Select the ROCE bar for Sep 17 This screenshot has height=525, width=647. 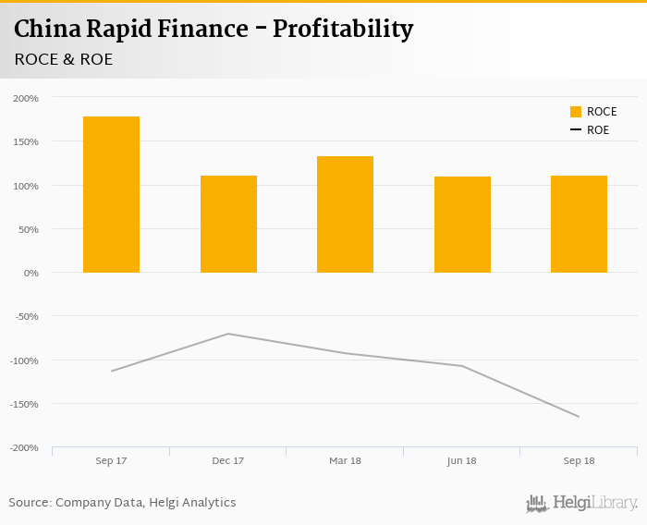coord(111,195)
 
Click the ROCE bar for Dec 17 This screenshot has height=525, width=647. coord(228,225)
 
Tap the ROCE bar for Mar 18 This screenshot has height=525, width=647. coord(345,214)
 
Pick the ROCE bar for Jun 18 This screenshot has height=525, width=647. coord(462,225)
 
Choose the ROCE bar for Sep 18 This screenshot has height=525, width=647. coord(579,225)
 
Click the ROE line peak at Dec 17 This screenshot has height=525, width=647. coord(228,334)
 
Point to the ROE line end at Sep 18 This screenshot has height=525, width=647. coord(579,417)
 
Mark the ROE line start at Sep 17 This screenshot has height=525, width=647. coord(111,372)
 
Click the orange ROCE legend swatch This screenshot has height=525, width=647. coord(576,112)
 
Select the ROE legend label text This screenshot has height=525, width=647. coord(598,130)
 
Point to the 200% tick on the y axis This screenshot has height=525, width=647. coord(26,98)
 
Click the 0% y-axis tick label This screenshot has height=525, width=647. coord(31,274)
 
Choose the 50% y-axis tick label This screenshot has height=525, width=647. coord(29,229)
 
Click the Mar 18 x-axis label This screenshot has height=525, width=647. coord(345,460)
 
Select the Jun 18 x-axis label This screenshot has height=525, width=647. coord(462,460)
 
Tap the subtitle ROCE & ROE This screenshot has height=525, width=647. coord(63,59)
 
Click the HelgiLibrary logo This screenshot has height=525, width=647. coord(581,504)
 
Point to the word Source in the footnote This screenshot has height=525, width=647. coord(29,503)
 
